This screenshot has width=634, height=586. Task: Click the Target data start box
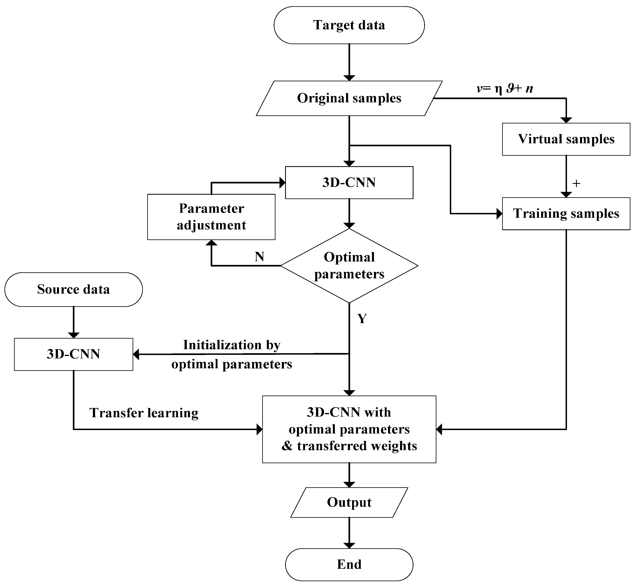[x=349, y=25]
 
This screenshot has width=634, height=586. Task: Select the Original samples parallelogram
[x=349, y=98]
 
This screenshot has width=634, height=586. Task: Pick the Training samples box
[x=566, y=213]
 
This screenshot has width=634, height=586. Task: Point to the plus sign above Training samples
[x=576, y=183]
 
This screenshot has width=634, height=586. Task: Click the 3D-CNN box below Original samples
[x=349, y=183]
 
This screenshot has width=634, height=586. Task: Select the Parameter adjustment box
[x=211, y=217]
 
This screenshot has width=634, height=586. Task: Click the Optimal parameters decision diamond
[x=349, y=266]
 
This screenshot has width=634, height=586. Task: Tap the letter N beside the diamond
[x=259, y=256]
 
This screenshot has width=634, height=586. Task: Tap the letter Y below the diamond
[x=362, y=318]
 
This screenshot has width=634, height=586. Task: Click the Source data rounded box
[x=74, y=289]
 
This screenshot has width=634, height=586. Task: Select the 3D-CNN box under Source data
[x=74, y=354]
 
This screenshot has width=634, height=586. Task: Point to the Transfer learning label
[x=144, y=413]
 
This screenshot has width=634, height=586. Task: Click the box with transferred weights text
[x=349, y=429]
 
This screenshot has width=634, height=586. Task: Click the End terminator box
[x=349, y=564]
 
